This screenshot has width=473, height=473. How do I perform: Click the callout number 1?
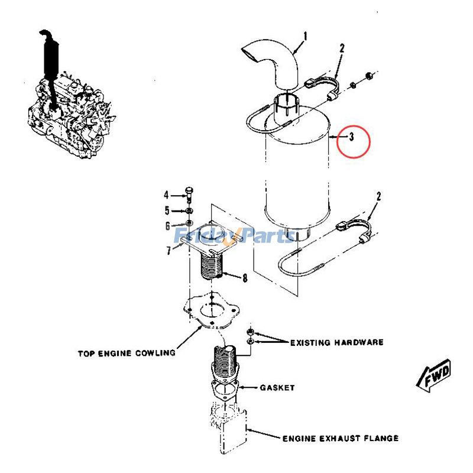(305, 37)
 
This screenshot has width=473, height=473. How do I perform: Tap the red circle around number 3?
(353, 142)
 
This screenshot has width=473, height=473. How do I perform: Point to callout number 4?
(167, 195)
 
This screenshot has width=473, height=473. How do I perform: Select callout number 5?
(167, 210)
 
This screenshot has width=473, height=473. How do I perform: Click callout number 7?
(169, 251)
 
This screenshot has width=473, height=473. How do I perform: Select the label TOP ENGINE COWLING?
(127, 354)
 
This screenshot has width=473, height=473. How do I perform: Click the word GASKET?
(277, 388)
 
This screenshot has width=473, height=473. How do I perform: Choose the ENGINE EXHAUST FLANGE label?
(340, 438)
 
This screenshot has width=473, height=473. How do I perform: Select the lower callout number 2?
(379, 196)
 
